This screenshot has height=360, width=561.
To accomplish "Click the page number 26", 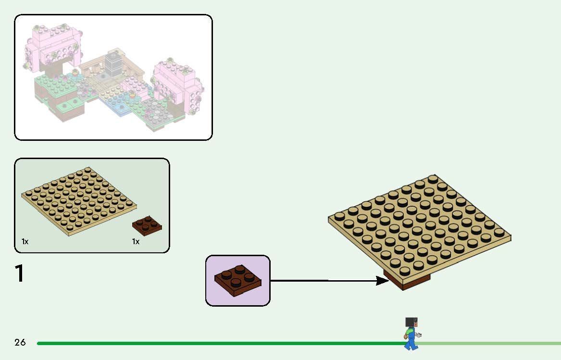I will (x=20, y=342).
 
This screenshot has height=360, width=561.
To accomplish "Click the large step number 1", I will (x=20, y=273).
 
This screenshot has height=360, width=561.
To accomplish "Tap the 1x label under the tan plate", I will (x=25, y=242).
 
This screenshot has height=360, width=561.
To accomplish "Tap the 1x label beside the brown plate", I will (x=136, y=242).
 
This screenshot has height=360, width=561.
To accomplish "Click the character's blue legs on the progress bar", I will (x=411, y=342).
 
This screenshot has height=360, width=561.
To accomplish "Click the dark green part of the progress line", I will (x=216, y=343).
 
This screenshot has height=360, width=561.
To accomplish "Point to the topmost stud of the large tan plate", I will (x=433, y=179).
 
